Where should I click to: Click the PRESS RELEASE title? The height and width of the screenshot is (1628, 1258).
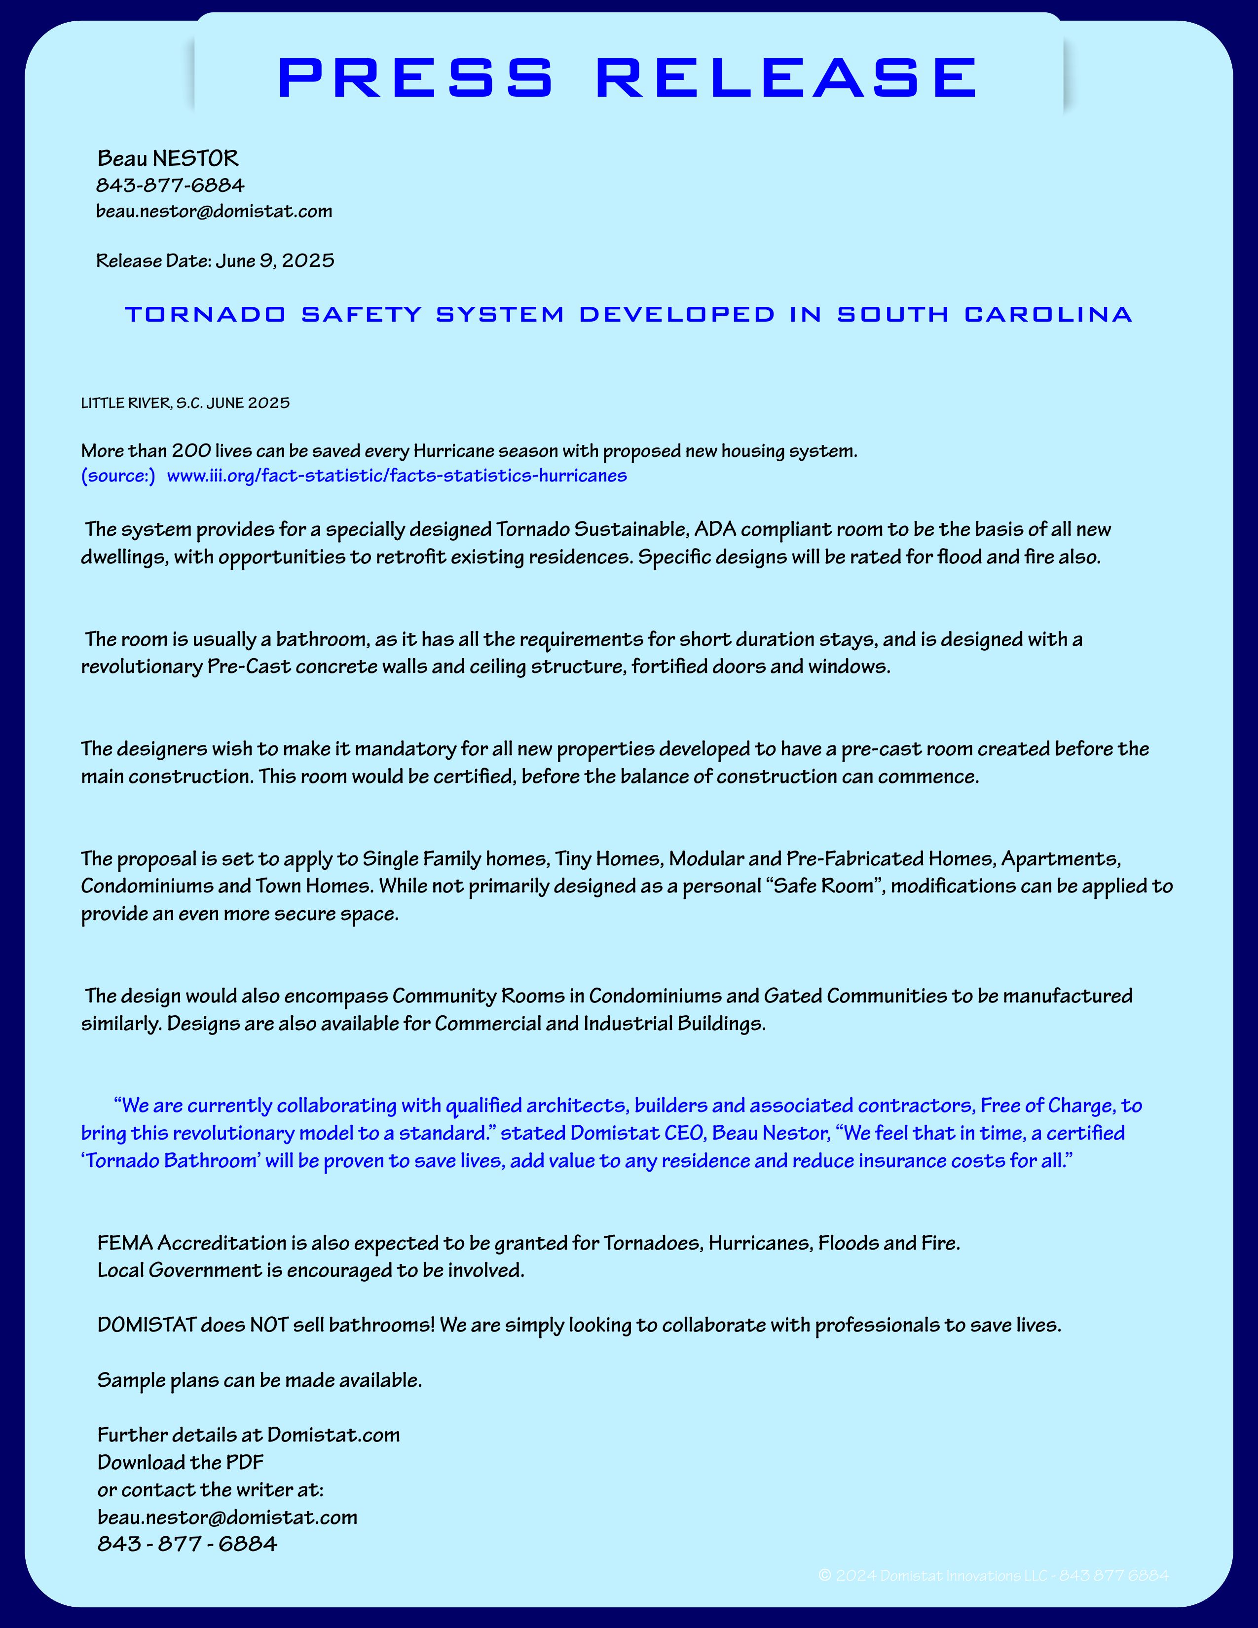628,77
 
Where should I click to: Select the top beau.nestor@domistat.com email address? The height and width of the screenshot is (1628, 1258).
214,211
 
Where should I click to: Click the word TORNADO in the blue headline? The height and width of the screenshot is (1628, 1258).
205,315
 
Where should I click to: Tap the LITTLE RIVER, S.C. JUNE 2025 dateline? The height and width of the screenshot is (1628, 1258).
185,403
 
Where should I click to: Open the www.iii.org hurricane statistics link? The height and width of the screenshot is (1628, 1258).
397,476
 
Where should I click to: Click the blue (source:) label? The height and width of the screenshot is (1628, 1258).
118,476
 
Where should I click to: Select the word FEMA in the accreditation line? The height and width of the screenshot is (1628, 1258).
125,1243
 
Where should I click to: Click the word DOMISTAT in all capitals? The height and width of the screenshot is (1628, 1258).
147,1325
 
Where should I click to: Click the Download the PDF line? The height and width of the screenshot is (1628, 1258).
181,1462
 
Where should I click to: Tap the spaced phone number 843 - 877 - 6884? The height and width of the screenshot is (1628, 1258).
187,1543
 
